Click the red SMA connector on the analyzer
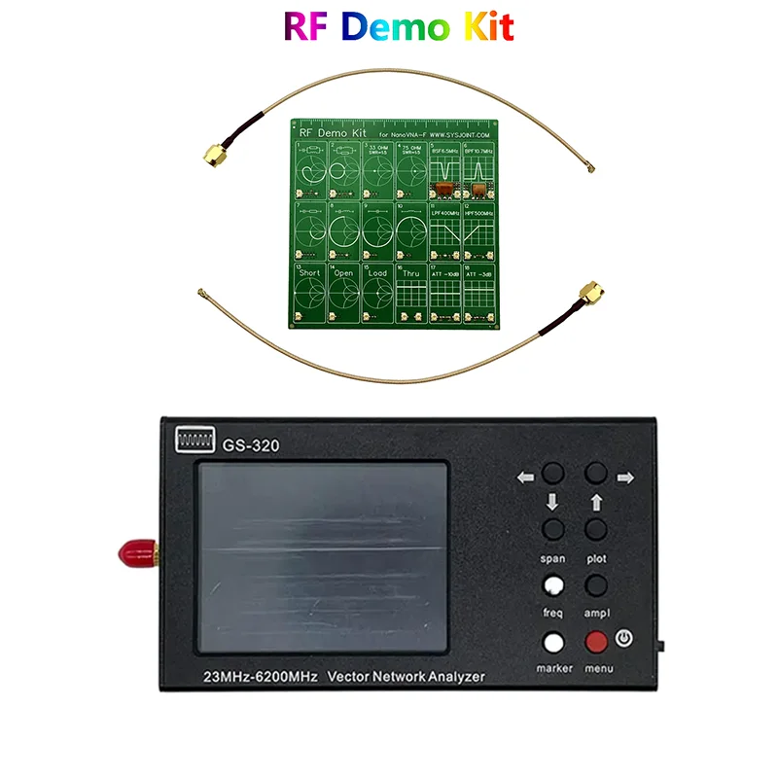130,555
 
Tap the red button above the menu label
596,643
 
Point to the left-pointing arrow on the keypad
526,477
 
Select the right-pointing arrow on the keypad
624,477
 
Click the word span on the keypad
552,559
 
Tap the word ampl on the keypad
596,614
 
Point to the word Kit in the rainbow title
484,28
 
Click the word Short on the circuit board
309,273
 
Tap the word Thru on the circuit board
410,273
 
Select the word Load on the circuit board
376,273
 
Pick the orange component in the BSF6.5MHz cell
444,185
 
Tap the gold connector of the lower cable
588,292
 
